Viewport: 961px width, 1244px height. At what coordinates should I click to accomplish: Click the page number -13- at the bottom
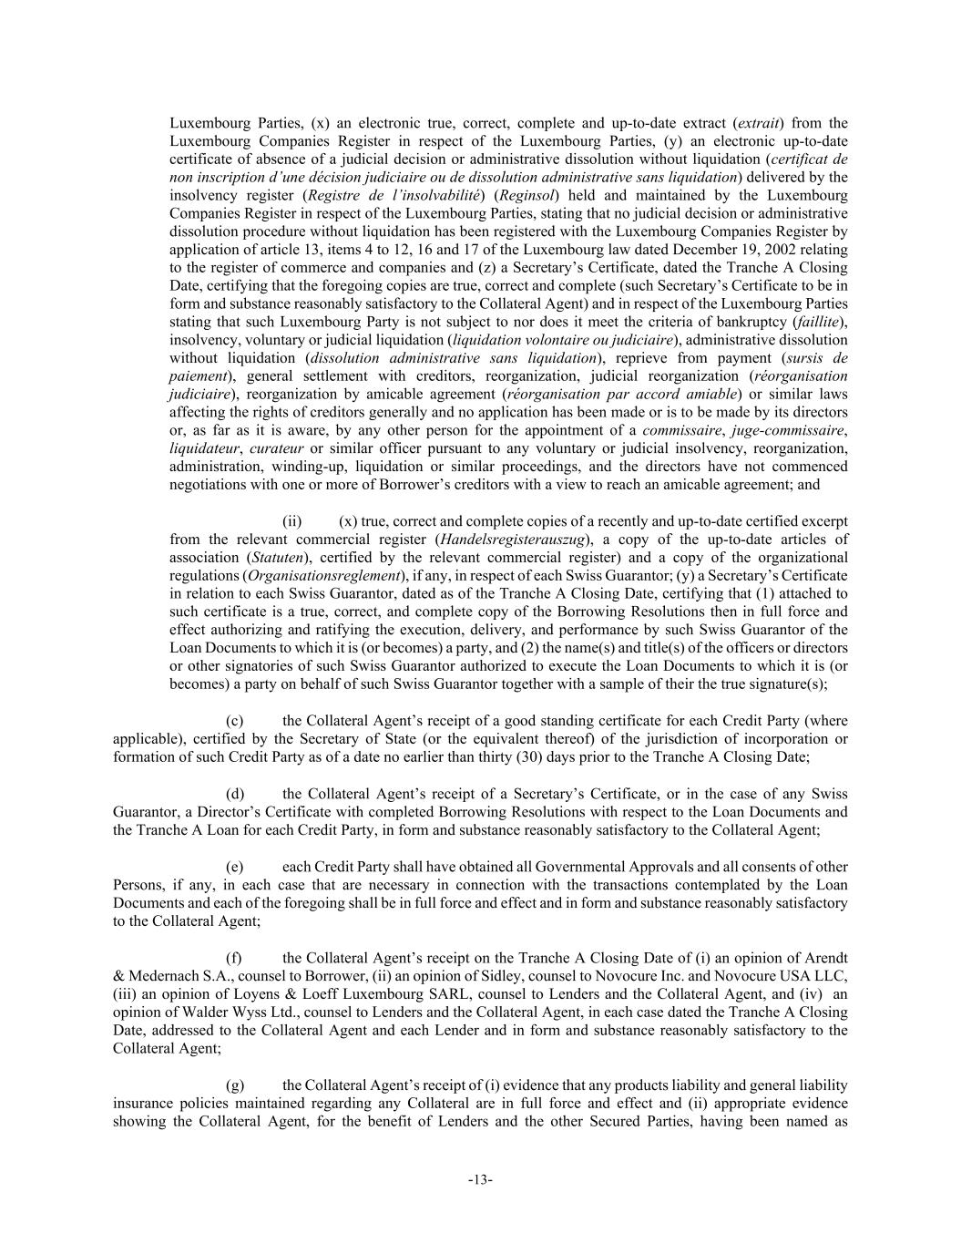480,1180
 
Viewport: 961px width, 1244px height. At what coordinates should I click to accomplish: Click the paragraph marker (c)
234,721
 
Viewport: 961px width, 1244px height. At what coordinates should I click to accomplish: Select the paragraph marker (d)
235,794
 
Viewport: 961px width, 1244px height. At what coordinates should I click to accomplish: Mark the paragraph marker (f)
234,958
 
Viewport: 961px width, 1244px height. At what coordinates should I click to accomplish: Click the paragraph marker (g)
235,1085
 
